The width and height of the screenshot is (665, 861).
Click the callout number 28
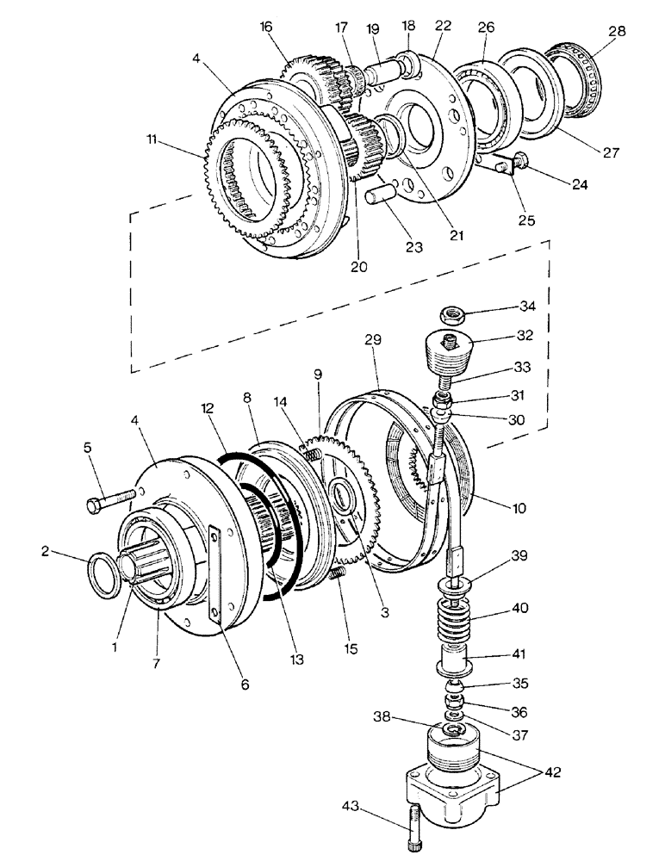617,32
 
